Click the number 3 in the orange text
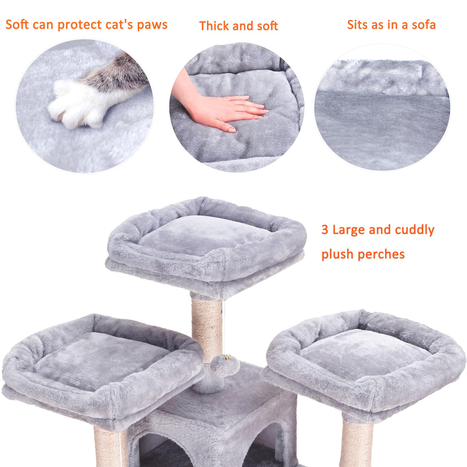(325, 230)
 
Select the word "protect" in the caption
(83, 25)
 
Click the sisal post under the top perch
(207, 327)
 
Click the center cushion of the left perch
(100, 356)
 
